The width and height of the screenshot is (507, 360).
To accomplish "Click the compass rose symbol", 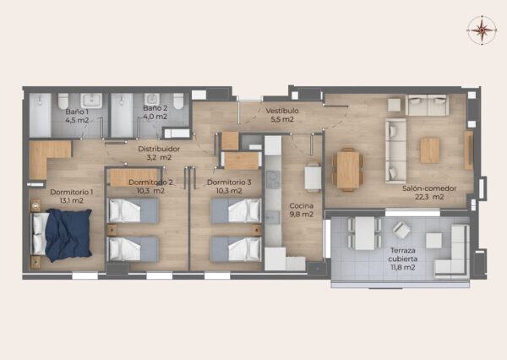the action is (482, 30).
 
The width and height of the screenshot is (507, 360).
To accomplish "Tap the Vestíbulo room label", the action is (282, 111).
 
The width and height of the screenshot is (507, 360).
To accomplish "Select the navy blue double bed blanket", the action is (68, 235).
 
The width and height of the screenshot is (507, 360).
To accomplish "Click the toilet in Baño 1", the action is (63, 101).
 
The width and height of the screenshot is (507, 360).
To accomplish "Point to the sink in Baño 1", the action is (91, 101).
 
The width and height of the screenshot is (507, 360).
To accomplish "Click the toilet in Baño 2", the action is (178, 101).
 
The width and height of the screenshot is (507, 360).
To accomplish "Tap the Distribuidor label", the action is (159, 149).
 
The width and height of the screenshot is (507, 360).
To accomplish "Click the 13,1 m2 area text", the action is (72, 200).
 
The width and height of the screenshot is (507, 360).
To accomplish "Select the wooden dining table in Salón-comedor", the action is (348, 170).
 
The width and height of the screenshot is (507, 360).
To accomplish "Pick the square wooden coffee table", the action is (430, 150).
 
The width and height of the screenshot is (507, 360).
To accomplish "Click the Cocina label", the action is (302, 205).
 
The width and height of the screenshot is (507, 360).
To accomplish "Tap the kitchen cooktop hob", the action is (273, 179).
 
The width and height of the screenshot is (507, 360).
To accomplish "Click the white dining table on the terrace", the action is (365, 233).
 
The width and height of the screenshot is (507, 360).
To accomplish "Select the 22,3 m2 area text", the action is (429, 197).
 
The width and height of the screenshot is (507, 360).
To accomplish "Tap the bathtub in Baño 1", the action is (40, 115).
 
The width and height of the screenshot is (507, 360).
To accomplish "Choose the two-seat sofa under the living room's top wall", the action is (427, 105).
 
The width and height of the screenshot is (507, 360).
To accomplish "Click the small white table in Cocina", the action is (313, 177).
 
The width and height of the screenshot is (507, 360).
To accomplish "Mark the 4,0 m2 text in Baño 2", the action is (155, 117).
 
